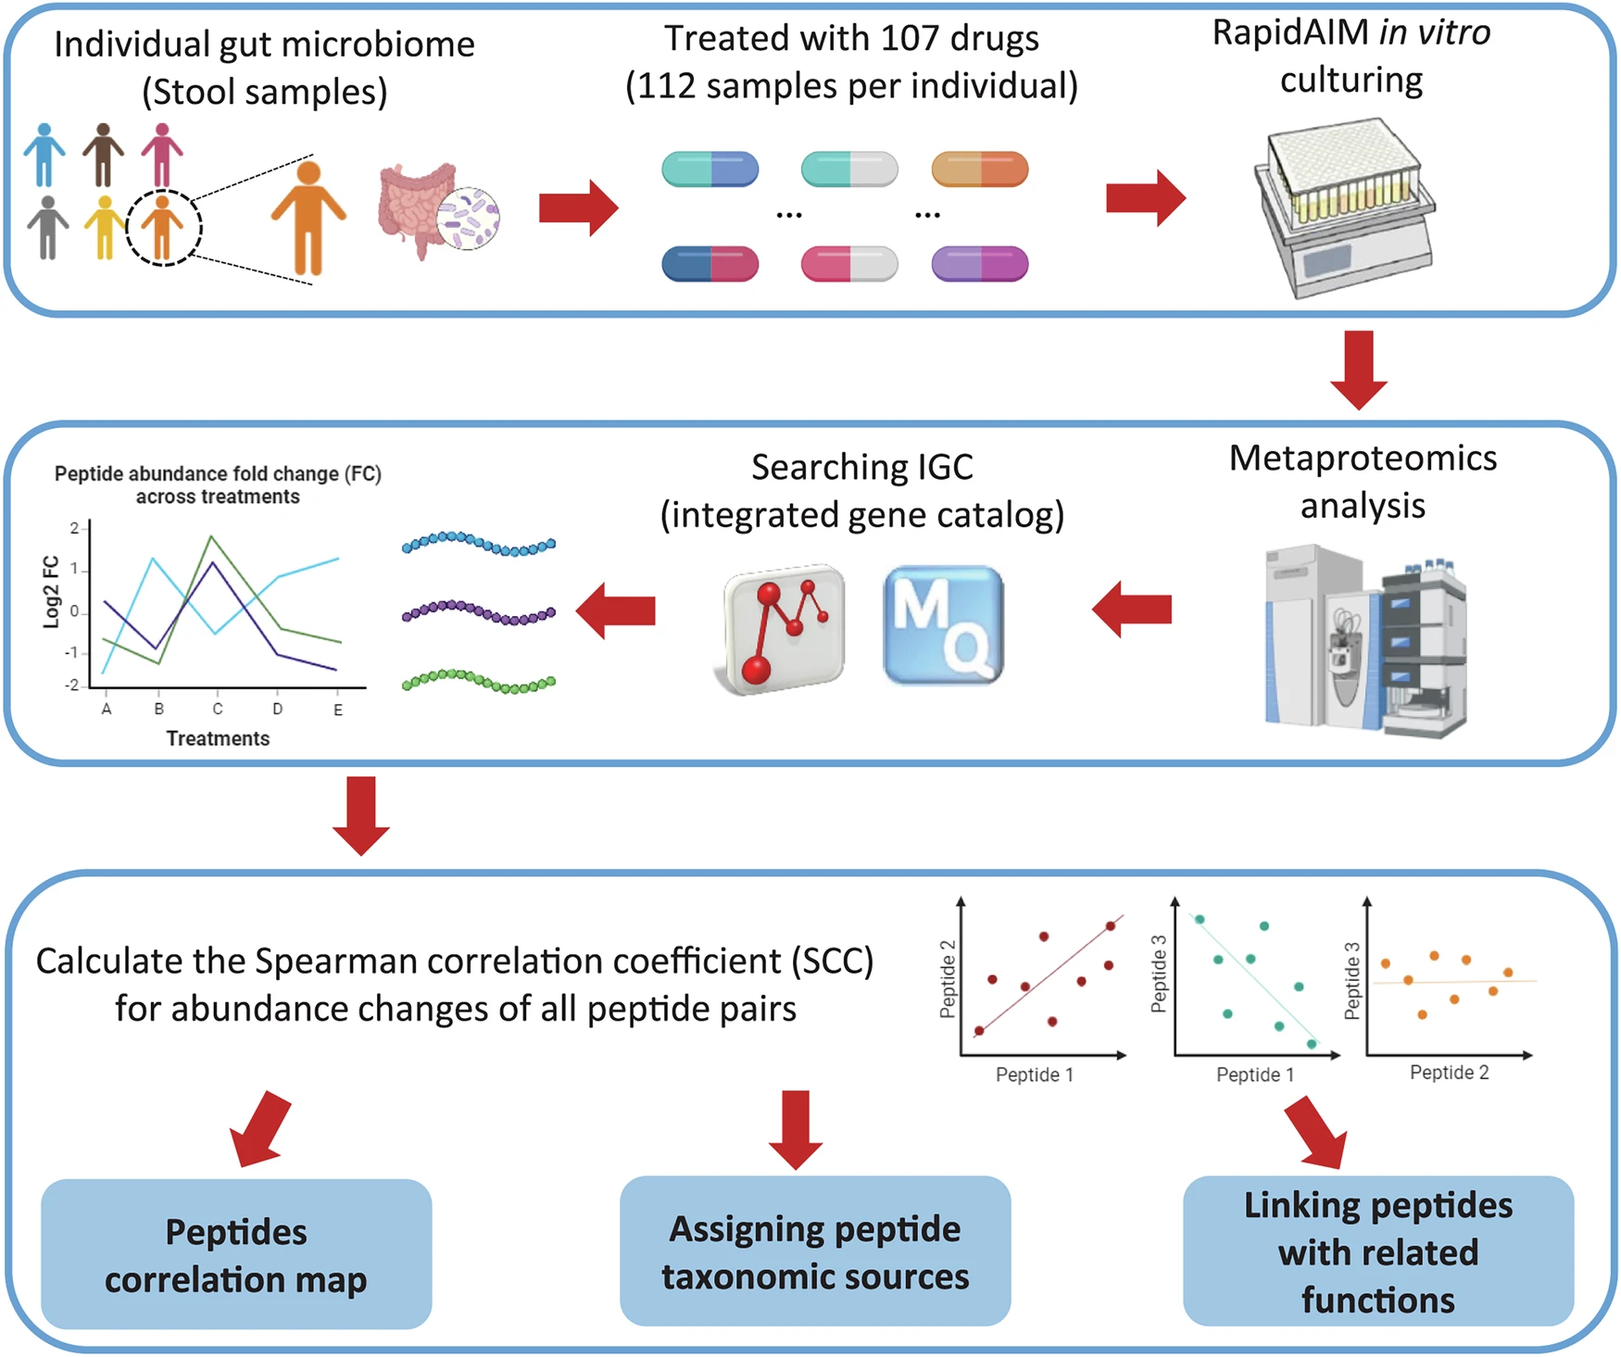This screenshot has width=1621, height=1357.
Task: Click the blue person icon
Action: tap(44, 155)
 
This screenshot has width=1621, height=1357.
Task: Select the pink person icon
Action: tap(162, 155)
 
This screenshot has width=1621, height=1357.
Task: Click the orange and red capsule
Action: tap(979, 170)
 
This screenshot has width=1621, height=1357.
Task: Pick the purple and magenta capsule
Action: tap(979, 264)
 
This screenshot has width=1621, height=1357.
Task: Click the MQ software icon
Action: tap(944, 625)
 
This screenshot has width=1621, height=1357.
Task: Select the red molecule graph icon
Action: tap(784, 628)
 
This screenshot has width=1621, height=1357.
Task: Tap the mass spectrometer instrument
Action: tap(1365, 641)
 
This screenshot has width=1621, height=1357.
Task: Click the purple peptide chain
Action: tap(479, 612)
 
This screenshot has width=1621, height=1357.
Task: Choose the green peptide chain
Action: tap(479, 681)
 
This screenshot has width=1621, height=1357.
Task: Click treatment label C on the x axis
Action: tap(218, 709)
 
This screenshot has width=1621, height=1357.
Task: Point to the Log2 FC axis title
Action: tap(52, 592)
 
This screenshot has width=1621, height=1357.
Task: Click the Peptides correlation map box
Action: tap(236, 1254)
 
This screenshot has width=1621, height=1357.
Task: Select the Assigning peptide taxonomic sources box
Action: tap(815, 1250)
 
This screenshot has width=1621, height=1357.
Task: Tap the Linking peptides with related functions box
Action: tap(1378, 1250)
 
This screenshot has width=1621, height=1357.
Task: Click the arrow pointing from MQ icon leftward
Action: tap(616, 610)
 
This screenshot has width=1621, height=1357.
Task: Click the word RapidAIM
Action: tap(1291, 33)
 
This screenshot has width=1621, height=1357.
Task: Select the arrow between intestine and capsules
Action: tap(579, 207)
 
